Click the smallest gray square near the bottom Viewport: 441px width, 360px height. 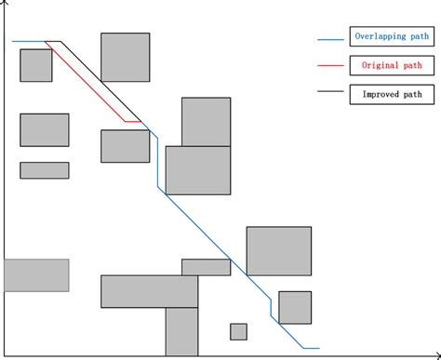pyautogui.click(x=238, y=331)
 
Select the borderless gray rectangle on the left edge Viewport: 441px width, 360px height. pyautogui.click(x=36, y=274)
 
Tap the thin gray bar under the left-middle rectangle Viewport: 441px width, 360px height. pyautogui.click(x=44, y=170)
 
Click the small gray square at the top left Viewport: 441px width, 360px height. pyautogui.click(x=36, y=65)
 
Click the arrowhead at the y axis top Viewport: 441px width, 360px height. pyautogui.click(x=7, y=6)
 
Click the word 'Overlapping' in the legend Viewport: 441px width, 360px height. pyautogui.click(x=376, y=38)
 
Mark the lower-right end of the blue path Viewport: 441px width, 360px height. pyautogui.click(x=318, y=348)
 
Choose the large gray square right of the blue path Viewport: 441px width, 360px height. pyautogui.click(x=278, y=250)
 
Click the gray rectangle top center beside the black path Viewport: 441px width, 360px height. pyautogui.click(x=125, y=57)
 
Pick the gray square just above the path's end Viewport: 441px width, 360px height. pyautogui.click(x=294, y=307)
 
